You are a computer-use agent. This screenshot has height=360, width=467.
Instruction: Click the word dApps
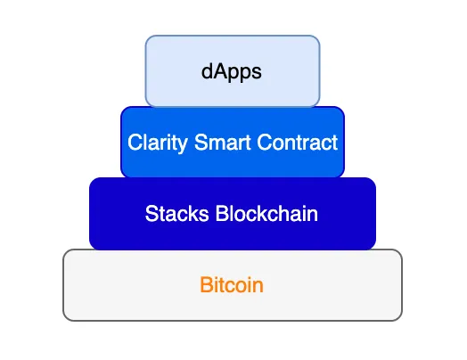click(232, 72)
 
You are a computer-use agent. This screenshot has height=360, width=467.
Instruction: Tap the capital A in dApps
click(219, 71)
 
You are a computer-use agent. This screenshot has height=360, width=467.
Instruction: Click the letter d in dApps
click(207, 71)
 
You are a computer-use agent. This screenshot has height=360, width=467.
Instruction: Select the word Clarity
click(158, 143)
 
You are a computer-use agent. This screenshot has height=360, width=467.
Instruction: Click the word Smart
click(223, 142)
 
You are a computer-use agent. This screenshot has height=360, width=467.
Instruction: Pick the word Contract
click(298, 142)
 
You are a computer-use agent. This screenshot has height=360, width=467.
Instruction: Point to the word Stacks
click(177, 213)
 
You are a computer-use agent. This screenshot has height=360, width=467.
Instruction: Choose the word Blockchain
click(266, 213)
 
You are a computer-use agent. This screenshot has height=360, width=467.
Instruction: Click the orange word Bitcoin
click(232, 284)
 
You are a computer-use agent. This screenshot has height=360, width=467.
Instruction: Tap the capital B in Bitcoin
click(206, 284)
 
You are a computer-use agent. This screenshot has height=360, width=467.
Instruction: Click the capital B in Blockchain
click(222, 213)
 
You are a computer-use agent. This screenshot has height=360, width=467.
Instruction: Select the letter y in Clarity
click(184, 145)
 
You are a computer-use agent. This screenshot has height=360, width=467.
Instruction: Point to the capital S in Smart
click(201, 142)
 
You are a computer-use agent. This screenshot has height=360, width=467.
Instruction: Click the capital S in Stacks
click(152, 213)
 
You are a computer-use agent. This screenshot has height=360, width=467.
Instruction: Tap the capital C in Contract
click(265, 142)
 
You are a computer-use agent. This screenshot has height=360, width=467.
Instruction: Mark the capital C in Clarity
click(135, 142)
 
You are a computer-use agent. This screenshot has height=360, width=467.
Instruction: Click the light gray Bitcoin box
click(233, 285)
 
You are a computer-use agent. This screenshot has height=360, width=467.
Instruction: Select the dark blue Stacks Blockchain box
click(233, 214)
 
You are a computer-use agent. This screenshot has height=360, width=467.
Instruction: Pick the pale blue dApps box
click(233, 71)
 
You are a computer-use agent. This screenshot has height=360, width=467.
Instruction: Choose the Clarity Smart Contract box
click(233, 142)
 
